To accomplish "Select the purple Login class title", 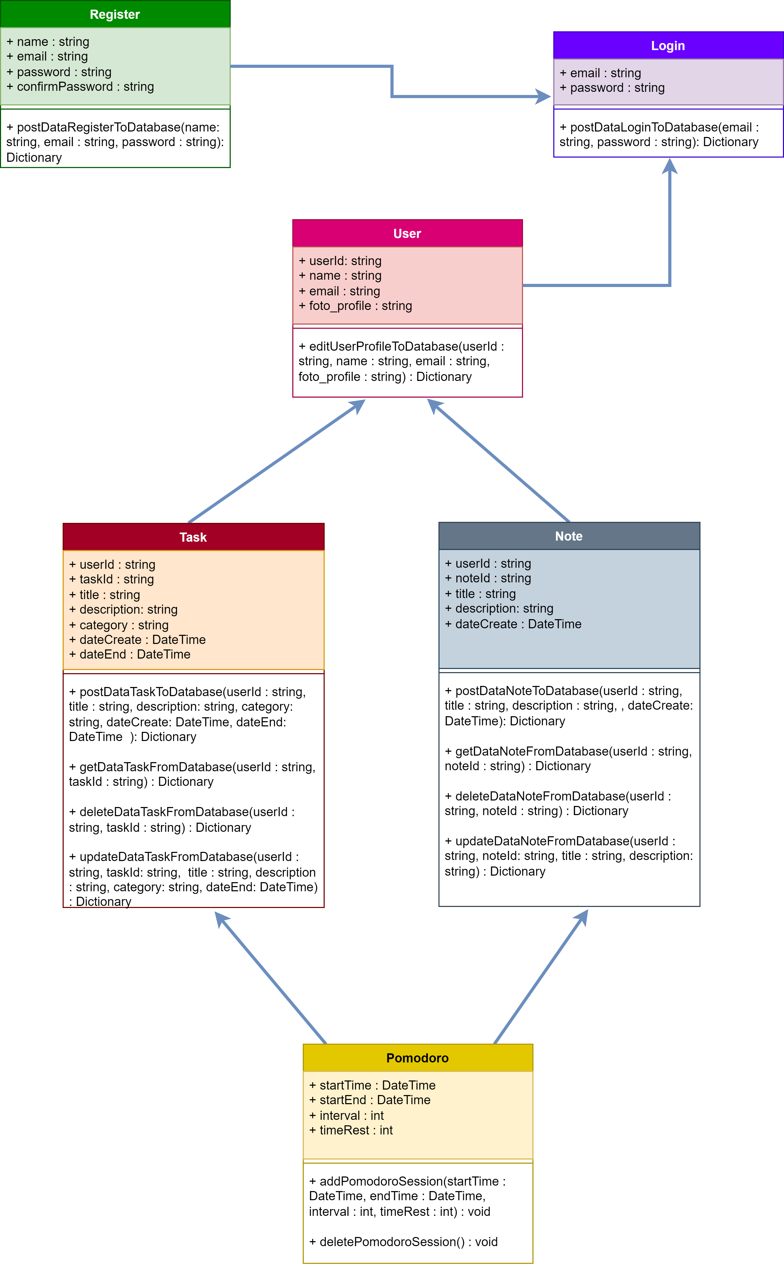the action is click(x=668, y=46).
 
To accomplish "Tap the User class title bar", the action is click(x=408, y=233).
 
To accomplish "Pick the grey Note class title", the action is click(x=569, y=536).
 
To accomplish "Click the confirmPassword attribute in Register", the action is click(x=80, y=87).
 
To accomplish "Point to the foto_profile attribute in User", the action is click(x=355, y=306).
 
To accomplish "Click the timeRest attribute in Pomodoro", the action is click(x=351, y=1130).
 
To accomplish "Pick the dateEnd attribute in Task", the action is click(x=130, y=654).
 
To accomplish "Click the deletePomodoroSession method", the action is click(x=403, y=1242).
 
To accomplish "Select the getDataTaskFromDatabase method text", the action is click(x=192, y=774).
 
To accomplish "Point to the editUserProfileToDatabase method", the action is click(x=401, y=361).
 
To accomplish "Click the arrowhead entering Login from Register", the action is click(x=543, y=97).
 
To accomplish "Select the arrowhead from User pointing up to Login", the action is click(x=670, y=166).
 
